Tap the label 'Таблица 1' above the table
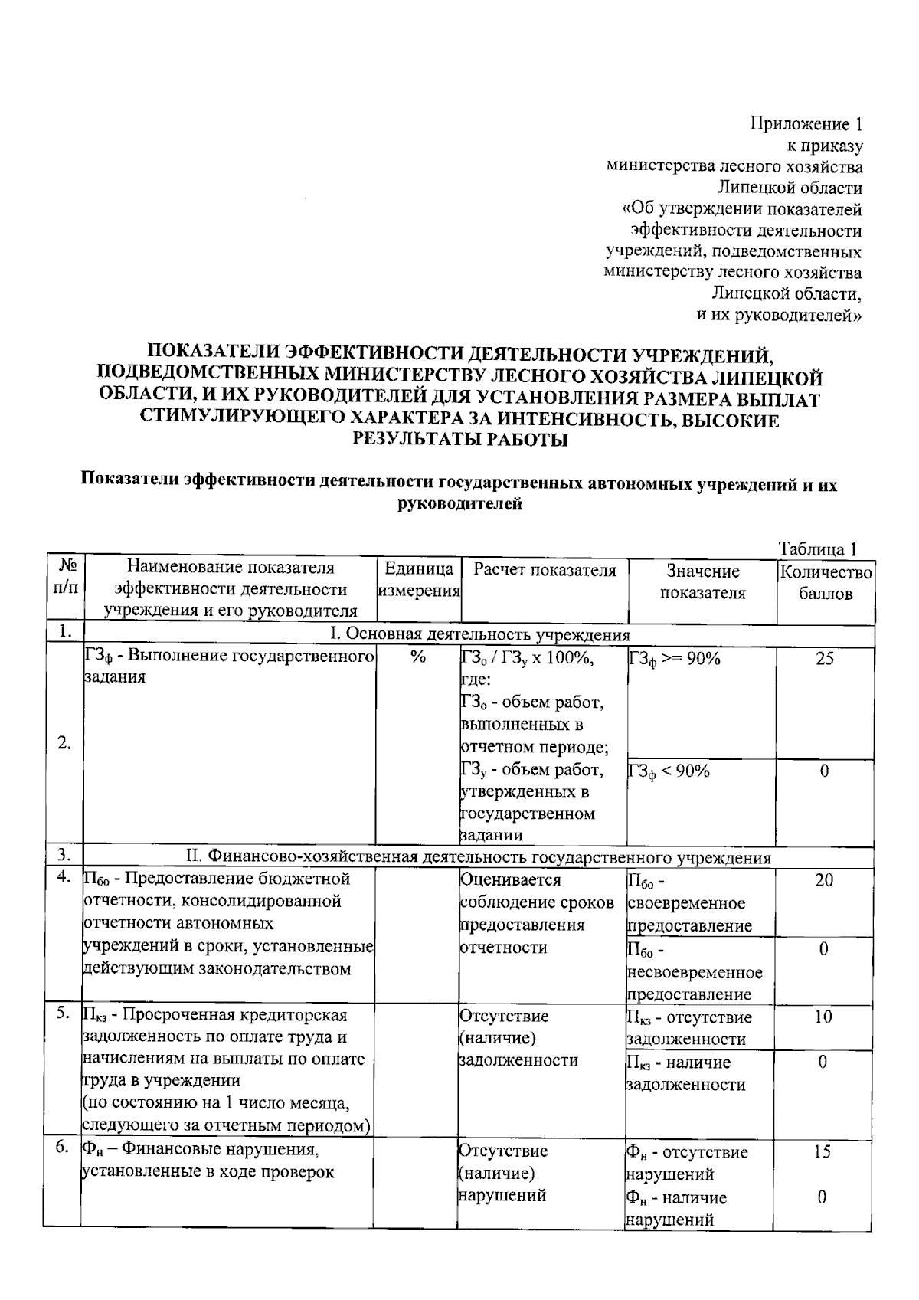[816, 548]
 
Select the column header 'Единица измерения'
[418, 580]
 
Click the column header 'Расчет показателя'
[544, 570]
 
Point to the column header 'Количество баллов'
[826, 582]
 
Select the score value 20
[823, 880]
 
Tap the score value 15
[822, 1151]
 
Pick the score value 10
[823, 1017]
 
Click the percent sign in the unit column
[417, 657]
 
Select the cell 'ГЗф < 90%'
[669, 771]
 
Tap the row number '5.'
[64, 1013]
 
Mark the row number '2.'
[64, 742]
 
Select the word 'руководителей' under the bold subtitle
[460, 504]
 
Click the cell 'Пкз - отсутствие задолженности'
[689, 1028]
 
